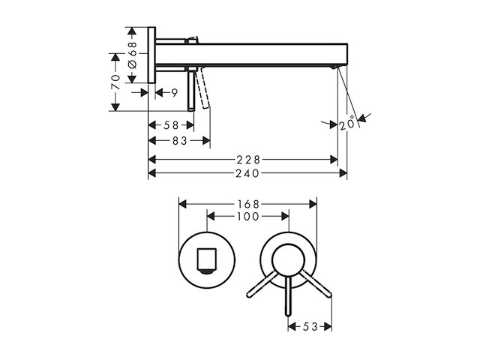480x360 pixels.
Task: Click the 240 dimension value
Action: click(x=247, y=173)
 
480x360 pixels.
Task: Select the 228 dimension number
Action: click(x=248, y=160)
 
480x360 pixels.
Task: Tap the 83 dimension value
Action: click(x=180, y=141)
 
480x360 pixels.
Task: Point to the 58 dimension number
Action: click(x=171, y=125)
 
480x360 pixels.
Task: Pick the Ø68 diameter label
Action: click(x=132, y=55)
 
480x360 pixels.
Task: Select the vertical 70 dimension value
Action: click(x=115, y=82)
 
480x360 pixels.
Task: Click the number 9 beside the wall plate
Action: click(x=174, y=92)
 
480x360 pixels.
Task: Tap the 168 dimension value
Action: click(x=248, y=204)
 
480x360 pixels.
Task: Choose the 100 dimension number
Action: click(x=248, y=217)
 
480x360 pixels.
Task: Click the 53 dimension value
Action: click(x=310, y=327)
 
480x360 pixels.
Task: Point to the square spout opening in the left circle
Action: click(x=207, y=259)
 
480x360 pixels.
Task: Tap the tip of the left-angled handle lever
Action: click(x=248, y=295)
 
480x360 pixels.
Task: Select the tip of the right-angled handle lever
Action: click(x=330, y=295)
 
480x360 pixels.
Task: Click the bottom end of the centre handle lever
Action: click(x=288, y=315)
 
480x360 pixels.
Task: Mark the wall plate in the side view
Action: click(x=151, y=55)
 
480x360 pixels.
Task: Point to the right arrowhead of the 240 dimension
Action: click(x=343, y=173)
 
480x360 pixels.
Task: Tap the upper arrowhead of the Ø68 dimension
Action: click(x=132, y=31)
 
